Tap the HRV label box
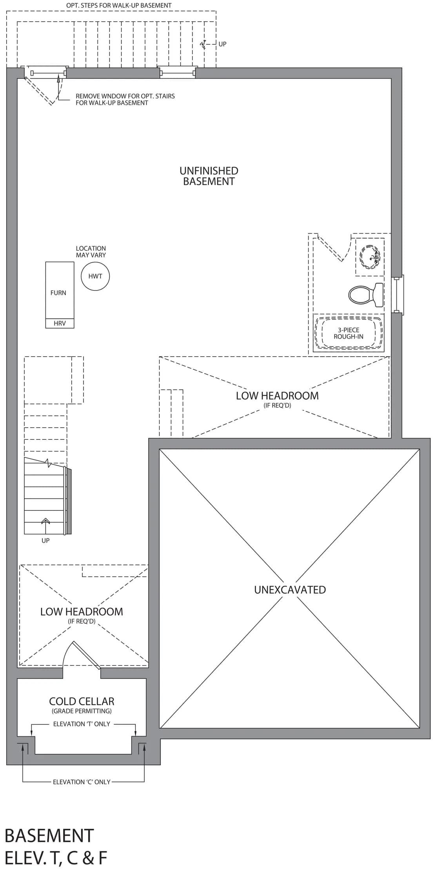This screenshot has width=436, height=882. (x=60, y=323)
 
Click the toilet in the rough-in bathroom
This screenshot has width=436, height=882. (x=366, y=295)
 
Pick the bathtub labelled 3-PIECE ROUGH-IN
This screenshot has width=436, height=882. (x=349, y=333)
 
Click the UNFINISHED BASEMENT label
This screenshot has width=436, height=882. (x=209, y=176)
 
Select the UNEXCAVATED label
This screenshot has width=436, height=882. (x=290, y=590)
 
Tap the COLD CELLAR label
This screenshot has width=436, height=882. (x=82, y=701)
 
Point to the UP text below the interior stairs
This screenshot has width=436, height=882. (x=45, y=541)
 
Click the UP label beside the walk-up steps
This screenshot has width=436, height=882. (x=222, y=44)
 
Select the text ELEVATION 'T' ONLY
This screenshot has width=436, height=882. (x=82, y=724)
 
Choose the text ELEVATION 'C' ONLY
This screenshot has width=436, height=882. (x=82, y=782)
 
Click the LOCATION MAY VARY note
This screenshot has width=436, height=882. (x=91, y=252)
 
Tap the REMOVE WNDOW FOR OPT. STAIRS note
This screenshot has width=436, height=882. (x=125, y=99)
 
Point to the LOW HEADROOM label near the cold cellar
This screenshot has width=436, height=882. (x=82, y=612)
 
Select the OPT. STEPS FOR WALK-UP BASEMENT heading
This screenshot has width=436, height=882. (x=119, y=5)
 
